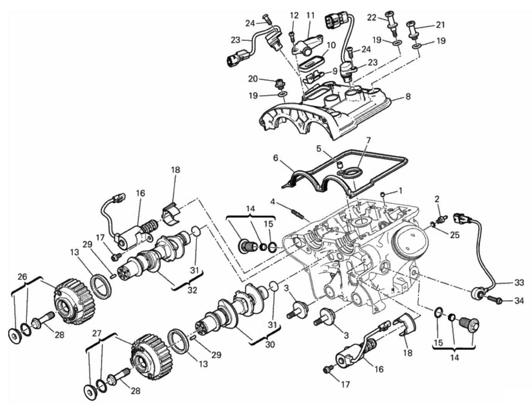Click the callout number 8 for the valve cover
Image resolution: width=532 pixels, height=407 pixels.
(408, 97)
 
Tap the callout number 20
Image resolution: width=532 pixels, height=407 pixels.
(253, 79)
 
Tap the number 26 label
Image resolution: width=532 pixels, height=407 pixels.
(22, 276)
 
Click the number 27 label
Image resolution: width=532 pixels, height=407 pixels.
(96, 334)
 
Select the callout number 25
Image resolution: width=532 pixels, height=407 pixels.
(455, 235)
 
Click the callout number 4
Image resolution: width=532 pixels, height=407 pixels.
(273, 202)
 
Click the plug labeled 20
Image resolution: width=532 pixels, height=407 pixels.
(279, 84)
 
